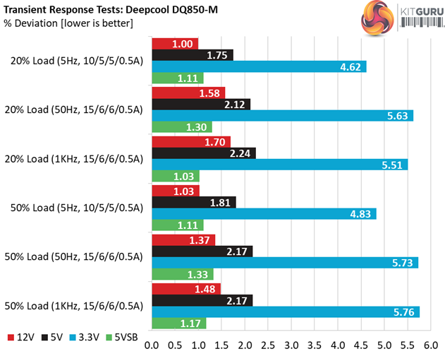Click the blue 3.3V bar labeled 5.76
click(286, 312)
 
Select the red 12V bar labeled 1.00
click(176, 44)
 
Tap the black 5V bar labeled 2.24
click(204, 153)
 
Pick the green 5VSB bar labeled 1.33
click(183, 274)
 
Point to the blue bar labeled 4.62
click(259, 67)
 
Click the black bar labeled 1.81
click(194, 203)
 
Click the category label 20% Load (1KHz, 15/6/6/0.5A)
click(77, 159)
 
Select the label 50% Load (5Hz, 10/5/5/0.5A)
click(77, 208)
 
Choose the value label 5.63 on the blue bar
click(396, 116)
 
